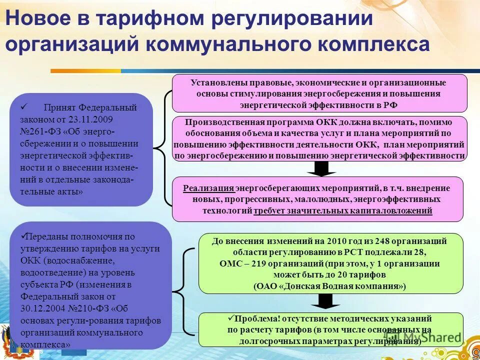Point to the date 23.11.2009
pyautogui.click(x=92, y=120)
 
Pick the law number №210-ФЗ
pyautogui.click(x=90, y=309)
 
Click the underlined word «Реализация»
pyautogui.click(x=208, y=188)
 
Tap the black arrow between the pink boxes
pyautogui.click(x=321, y=168)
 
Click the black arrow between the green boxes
pyautogui.click(x=325, y=300)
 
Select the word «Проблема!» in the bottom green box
pyautogui.click(x=254, y=318)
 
